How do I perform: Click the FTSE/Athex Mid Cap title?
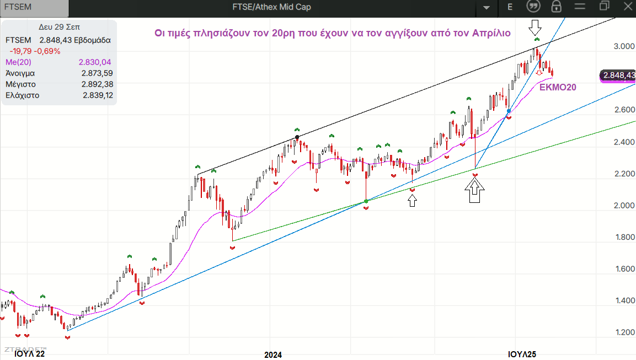pos(271,7)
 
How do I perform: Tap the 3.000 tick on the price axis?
pos(624,46)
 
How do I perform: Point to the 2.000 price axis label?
pos(624,206)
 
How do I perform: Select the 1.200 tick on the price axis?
pos(624,332)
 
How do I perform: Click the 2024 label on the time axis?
pos(273,354)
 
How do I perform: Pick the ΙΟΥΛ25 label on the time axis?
pos(522,354)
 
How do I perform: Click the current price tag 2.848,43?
pos(618,76)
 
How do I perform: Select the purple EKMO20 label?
pos(557,87)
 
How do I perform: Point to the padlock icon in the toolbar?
pos(556,7)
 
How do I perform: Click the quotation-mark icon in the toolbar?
pos(533,7)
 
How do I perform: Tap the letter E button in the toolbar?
pos(510,7)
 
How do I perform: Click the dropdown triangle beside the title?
pos(487,8)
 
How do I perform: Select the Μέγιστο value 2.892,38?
pos(97,84)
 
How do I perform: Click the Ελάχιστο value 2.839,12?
pos(97,95)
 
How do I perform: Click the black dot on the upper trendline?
pos(297,137)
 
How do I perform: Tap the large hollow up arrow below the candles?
pos(474,192)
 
